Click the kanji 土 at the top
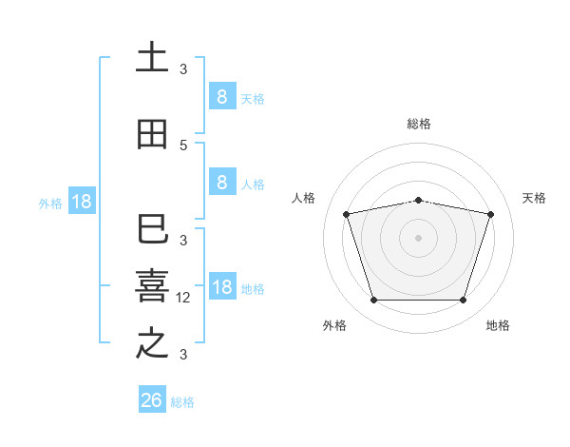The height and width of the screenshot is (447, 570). [x=152, y=58]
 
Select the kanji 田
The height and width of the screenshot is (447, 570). [x=152, y=135]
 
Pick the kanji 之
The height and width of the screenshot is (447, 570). [x=152, y=343]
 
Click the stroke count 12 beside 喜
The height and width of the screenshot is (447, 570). [x=184, y=298]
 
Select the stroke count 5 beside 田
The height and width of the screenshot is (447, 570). [x=183, y=146]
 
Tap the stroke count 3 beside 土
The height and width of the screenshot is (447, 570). [x=183, y=69]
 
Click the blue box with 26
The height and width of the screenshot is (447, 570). [x=152, y=400]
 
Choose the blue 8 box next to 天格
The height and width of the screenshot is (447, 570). [x=221, y=96]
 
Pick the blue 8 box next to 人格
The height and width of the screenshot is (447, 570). [x=221, y=183]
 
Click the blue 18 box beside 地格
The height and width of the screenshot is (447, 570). [x=222, y=287]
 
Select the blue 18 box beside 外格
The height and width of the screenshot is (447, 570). [x=81, y=202]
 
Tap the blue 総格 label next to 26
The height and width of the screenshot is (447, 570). [x=182, y=402]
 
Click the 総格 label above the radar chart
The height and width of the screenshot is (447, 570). [x=419, y=124]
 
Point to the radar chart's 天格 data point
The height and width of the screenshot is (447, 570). [x=491, y=214]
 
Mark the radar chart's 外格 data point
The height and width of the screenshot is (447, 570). [x=373, y=301]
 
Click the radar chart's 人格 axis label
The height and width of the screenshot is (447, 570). [x=304, y=198]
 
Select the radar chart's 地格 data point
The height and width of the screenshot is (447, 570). [x=464, y=301]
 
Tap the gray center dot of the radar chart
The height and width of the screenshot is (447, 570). [x=419, y=238]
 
